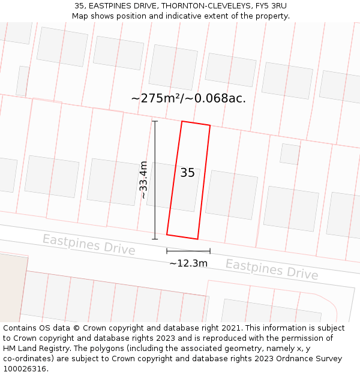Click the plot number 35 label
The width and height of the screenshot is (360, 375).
click(x=187, y=173)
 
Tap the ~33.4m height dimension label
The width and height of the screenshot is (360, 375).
click(x=143, y=179)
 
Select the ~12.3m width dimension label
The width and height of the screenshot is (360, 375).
click(x=188, y=263)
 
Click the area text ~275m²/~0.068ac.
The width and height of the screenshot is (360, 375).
click(x=188, y=98)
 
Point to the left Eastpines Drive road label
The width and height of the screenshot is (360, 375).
click(x=89, y=244)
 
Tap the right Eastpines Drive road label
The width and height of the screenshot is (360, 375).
click(x=272, y=269)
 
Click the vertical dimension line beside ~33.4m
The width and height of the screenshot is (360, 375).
click(x=155, y=180)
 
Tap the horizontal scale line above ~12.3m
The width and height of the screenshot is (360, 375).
click(x=188, y=251)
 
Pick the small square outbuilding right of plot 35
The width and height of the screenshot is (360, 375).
click(x=290, y=154)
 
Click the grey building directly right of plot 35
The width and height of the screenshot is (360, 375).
click(x=232, y=194)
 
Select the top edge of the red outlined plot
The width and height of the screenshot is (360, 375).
click(x=196, y=124)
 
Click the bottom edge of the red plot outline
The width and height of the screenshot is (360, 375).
click(x=182, y=237)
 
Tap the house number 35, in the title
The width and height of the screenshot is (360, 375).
click(x=80, y=5)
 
